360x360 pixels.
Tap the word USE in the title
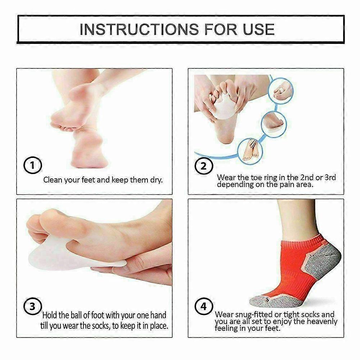point(259,29)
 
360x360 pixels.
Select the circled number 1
point(33,165)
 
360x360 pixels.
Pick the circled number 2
point(204,166)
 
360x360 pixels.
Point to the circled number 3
point(33,306)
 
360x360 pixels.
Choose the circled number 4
point(204,306)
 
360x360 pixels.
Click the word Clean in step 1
point(53,180)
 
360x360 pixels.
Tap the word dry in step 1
point(156,180)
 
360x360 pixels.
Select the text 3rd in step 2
point(330,177)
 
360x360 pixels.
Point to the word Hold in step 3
point(50,315)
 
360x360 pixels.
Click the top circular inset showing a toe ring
point(281,90)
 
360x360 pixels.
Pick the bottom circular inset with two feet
point(250,151)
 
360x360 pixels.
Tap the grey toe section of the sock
point(273,300)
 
